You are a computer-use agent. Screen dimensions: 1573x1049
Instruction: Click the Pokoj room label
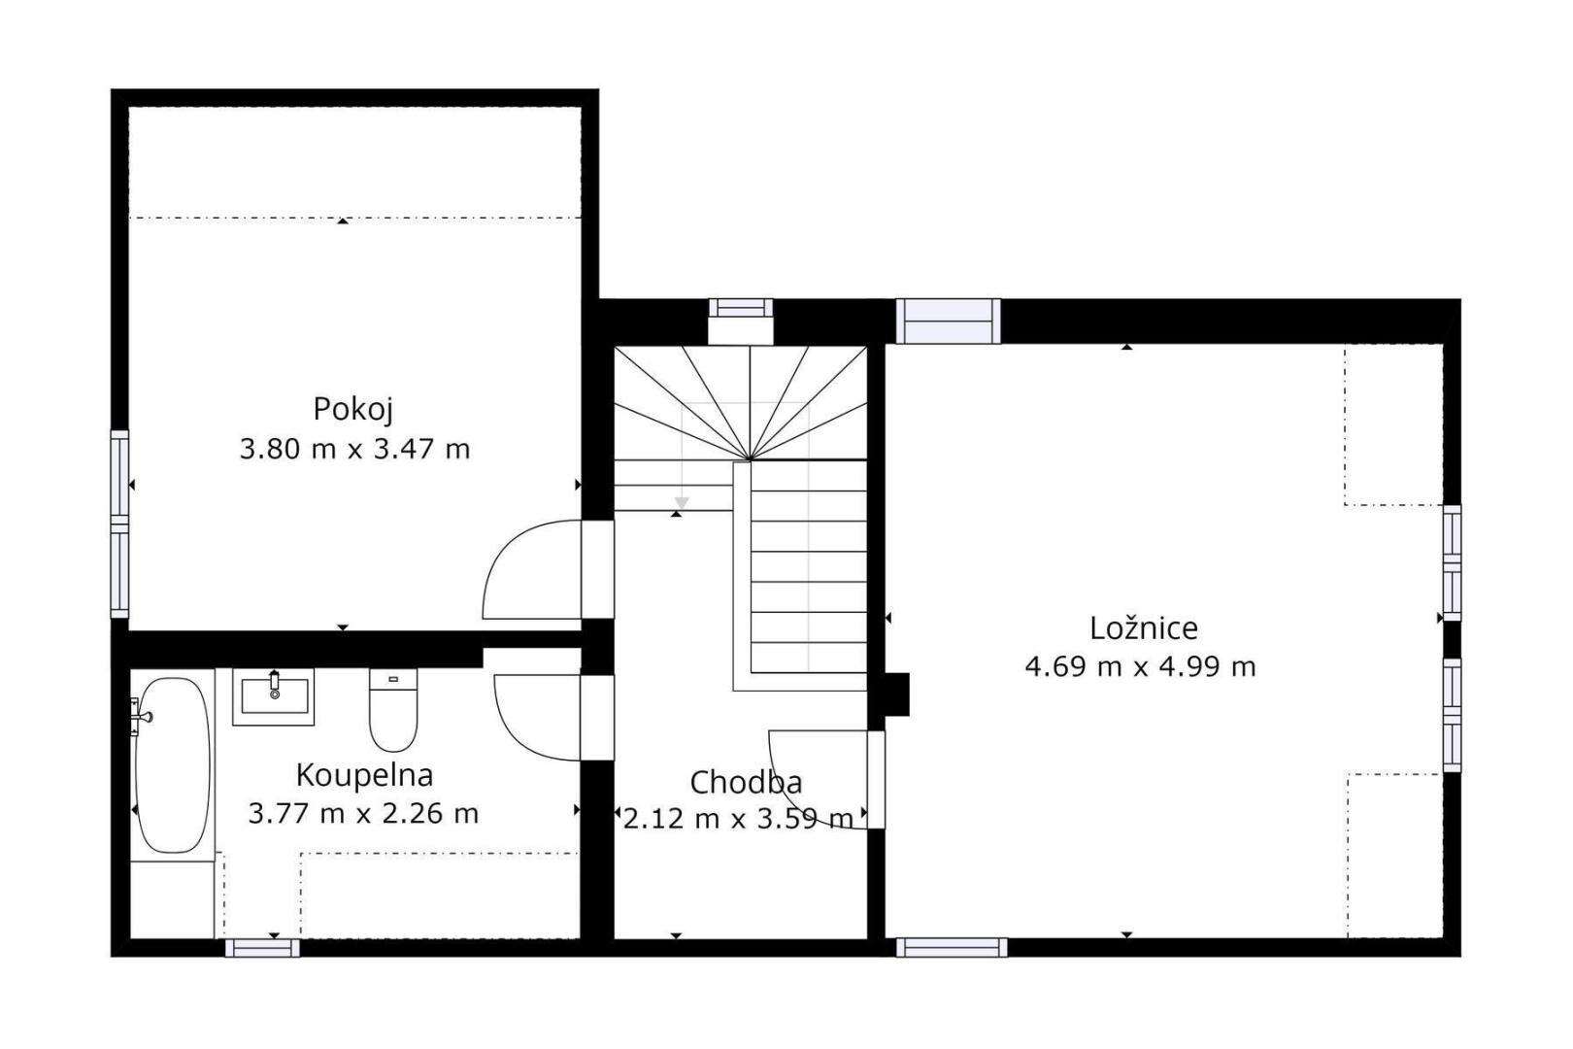click(x=352, y=410)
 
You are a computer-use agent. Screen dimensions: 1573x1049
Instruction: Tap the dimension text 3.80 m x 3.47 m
click(x=354, y=449)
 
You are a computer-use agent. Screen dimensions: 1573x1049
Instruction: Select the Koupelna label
click(x=364, y=775)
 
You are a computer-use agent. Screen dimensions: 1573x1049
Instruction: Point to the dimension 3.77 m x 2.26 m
click(x=363, y=814)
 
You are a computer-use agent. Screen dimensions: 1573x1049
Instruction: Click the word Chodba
click(x=746, y=783)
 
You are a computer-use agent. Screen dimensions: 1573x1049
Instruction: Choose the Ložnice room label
click(x=1143, y=628)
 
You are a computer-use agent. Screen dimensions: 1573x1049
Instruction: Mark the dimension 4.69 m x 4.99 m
click(x=1140, y=666)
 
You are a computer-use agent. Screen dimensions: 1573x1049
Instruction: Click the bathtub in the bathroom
click(x=173, y=765)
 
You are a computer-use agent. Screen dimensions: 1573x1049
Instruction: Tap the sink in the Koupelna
click(x=273, y=697)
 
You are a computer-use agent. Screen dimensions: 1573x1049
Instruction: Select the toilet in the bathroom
click(x=393, y=710)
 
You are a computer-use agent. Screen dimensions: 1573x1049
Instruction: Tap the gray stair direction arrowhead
click(x=682, y=503)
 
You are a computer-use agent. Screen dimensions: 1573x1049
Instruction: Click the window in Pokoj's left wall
click(x=120, y=524)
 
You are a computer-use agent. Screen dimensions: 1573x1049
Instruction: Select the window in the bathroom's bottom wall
click(x=262, y=948)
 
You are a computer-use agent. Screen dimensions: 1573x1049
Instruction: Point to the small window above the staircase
click(x=740, y=308)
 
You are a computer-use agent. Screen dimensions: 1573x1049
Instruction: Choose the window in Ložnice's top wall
click(x=948, y=321)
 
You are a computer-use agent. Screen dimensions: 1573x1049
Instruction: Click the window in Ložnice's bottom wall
click(x=952, y=948)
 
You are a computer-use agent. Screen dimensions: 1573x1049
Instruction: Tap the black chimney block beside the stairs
click(x=897, y=694)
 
